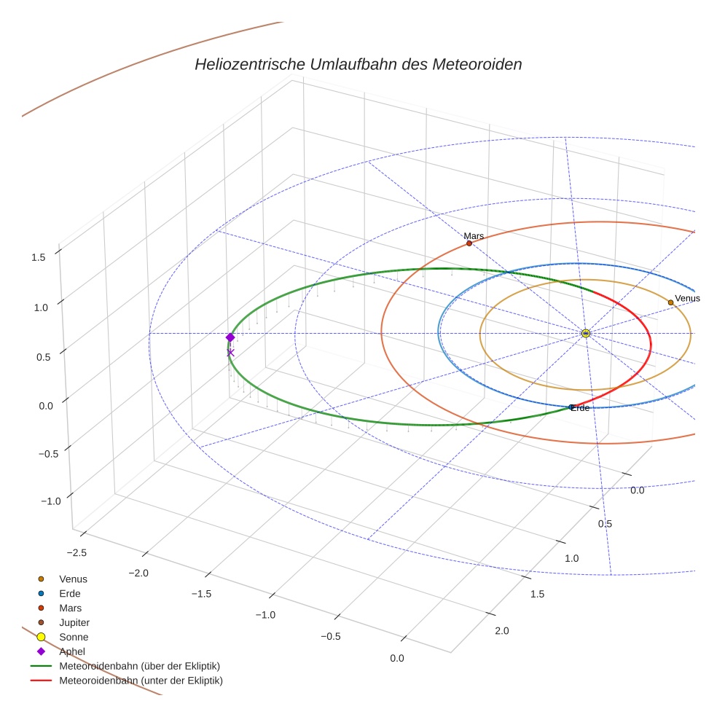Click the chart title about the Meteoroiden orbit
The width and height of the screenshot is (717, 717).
(358, 64)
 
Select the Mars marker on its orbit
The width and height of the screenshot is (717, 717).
(469, 243)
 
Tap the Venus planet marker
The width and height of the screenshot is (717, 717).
(670, 302)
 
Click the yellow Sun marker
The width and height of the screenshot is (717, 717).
(586, 334)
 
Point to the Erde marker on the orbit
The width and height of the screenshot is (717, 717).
(571, 407)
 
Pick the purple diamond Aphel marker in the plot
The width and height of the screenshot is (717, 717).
(230, 337)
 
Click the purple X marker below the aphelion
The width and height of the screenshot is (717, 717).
(230, 353)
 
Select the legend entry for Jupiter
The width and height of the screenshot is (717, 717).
(74, 622)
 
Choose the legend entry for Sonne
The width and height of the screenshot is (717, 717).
(74, 637)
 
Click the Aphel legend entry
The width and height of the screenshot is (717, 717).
(73, 651)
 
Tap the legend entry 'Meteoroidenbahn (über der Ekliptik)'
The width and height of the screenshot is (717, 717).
(139, 666)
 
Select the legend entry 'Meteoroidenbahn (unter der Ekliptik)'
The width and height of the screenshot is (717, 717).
(141, 681)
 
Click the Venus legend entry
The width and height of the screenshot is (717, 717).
(73, 579)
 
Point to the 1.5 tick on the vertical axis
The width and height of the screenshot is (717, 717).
(39, 256)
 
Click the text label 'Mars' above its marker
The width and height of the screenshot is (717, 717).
(474, 236)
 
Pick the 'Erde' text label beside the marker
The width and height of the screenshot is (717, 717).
(581, 408)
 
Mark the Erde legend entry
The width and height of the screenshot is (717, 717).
(70, 593)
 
